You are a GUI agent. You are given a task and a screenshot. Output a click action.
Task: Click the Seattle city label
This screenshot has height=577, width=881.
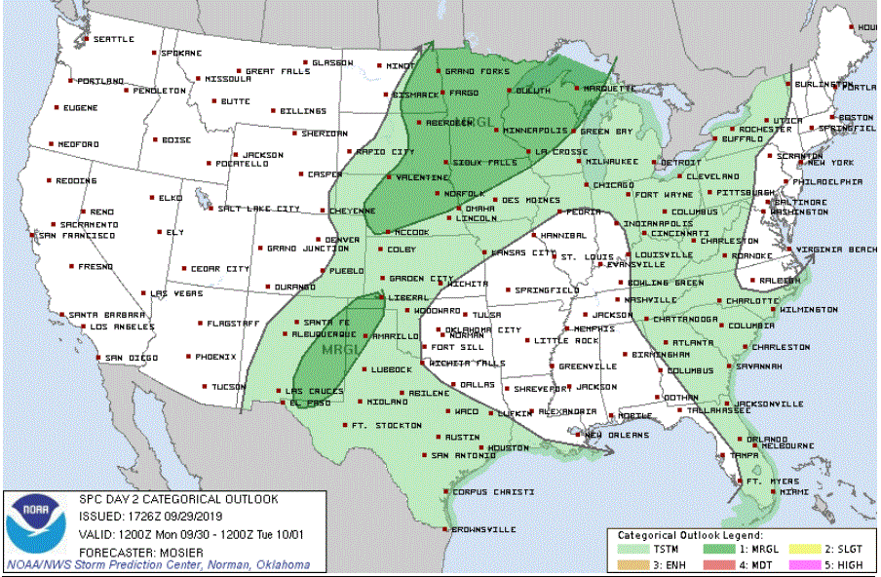[x=113, y=39]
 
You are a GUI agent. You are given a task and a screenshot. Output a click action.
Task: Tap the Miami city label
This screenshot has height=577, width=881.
[x=793, y=492]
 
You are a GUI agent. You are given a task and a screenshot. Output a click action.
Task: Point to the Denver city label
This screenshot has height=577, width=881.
[x=342, y=240]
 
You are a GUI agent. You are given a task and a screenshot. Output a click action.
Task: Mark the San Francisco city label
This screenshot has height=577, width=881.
[x=77, y=235]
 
